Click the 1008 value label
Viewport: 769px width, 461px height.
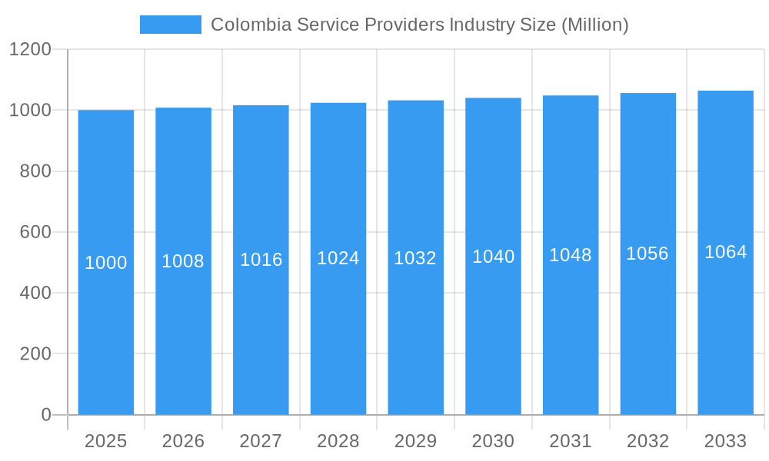(x=183, y=261)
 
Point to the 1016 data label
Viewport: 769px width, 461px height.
(x=261, y=260)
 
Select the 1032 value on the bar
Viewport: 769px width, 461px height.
(x=415, y=258)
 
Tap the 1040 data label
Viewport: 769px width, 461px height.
(x=493, y=257)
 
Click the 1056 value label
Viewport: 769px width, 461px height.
(x=647, y=254)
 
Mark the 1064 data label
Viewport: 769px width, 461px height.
(x=725, y=252)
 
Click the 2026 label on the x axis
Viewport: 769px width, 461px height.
(x=183, y=441)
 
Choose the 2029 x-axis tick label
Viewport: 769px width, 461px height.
(x=415, y=441)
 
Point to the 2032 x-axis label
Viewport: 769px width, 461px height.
(x=647, y=441)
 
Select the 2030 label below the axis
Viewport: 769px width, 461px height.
(x=493, y=441)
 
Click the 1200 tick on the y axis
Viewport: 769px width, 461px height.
(x=30, y=50)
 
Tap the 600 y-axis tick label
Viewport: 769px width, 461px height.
(x=35, y=232)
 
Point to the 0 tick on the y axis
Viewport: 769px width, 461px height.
(x=46, y=415)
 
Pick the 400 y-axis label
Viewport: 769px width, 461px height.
(x=35, y=293)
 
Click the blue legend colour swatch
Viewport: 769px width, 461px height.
(x=170, y=25)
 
